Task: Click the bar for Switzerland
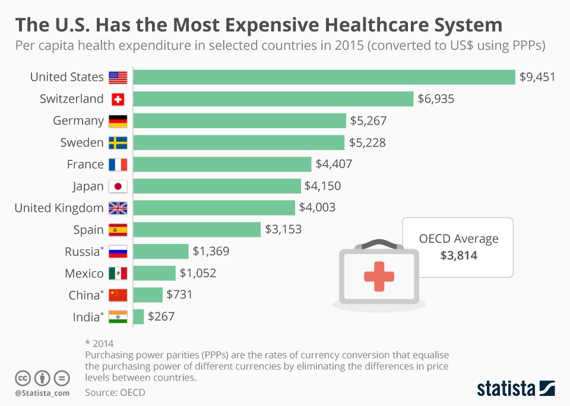tap(273, 99)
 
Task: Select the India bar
tap(138, 316)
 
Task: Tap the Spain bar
tap(197, 229)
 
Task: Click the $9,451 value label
tap(537, 77)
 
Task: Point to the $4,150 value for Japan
tap(322, 186)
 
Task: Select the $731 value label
tap(180, 295)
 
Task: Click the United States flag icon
tap(118, 77)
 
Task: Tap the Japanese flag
tap(118, 186)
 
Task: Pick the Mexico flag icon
tap(118, 274)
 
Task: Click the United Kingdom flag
tap(118, 208)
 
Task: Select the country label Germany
tap(78, 120)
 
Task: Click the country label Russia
tap(81, 252)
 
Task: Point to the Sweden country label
tap(82, 142)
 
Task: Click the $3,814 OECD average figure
tap(458, 256)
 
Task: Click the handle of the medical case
tap(378, 243)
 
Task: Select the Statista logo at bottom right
tap(516, 389)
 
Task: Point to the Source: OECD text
tap(115, 392)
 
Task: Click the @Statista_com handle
tap(42, 392)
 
